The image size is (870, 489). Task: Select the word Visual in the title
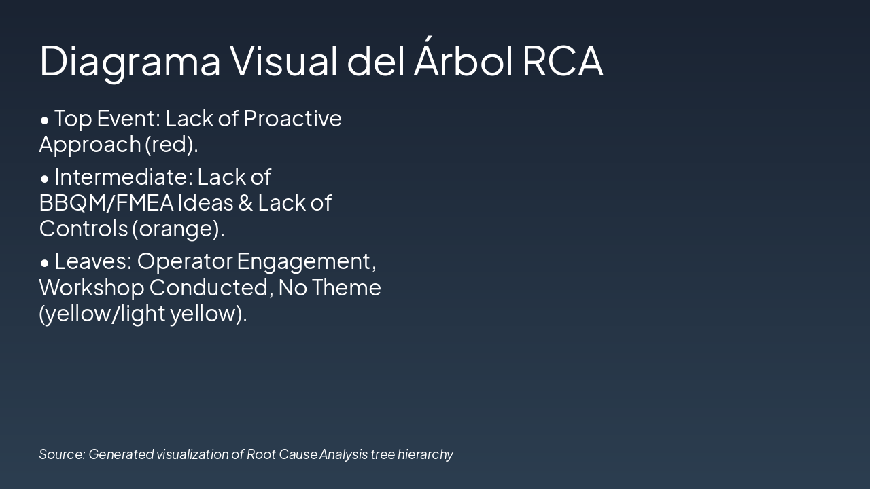pyautogui.click(x=283, y=61)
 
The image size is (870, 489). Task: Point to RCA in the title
pyautogui.click(x=562, y=61)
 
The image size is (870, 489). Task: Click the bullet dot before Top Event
pyautogui.click(x=45, y=120)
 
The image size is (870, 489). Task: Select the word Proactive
pyautogui.click(x=292, y=119)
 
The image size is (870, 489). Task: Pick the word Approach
pyautogui.click(x=89, y=145)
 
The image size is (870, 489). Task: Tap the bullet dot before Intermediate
pyautogui.click(x=45, y=179)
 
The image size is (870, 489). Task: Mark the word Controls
pyautogui.click(x=83, y=229)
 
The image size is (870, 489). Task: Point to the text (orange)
pyautogui.click(x=177, y=229)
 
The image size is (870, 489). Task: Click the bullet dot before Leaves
pyautogui.click(x=45, y=262)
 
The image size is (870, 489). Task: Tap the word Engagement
pyautogui.click(x=306, y=261)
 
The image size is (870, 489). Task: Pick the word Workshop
pyautogui.click(x=91, y=288)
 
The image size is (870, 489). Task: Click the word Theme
pyautogui.click(x=347, y=288)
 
